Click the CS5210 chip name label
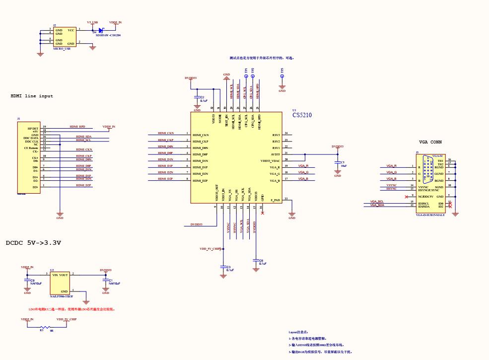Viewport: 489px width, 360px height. (x=302, y=115)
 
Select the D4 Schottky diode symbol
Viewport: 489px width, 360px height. (x=101, y=30)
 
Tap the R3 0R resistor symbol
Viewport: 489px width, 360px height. (x=45, y=328)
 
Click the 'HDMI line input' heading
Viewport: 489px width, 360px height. (x=32, y=96)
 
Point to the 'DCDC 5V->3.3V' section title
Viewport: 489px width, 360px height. (x=33, y=243)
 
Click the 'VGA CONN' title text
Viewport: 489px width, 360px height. (x=430, y=142)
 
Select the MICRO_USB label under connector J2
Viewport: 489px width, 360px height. (x=62, y=49)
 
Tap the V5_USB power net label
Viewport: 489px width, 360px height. (x=92, y=22)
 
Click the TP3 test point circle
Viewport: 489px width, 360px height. (x=282, y=76)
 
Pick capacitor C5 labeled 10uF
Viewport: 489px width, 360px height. (x=338, y=163)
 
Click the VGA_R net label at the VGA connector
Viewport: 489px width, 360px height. (x=391, y=165)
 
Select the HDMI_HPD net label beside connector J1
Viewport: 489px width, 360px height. (x=77, y=127)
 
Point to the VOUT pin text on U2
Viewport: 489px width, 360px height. (x=64, y=275)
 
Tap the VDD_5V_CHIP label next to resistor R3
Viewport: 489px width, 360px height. (x=66, y=319)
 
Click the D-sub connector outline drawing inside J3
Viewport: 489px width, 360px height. (x=427, y=169)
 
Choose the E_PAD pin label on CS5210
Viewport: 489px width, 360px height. (x=275, y=200)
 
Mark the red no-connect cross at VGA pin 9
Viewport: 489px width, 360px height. (x=407, y=197)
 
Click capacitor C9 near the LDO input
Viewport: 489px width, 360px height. (x=27, y=280)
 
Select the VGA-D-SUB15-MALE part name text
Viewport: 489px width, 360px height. (x=430, y=215)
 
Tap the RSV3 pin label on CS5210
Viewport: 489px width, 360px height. (x=276, y=135)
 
